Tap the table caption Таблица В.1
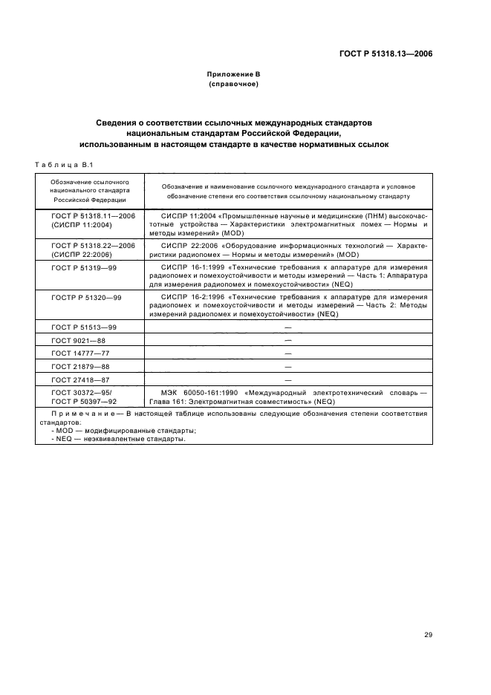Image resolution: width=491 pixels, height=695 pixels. pyautogui.click(x=62, y=165)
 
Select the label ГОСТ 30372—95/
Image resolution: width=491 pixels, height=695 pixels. pyautogui.click(x=82, y=392)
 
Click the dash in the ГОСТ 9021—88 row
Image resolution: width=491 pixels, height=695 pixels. pyautogui.click(x=287, y=340)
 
